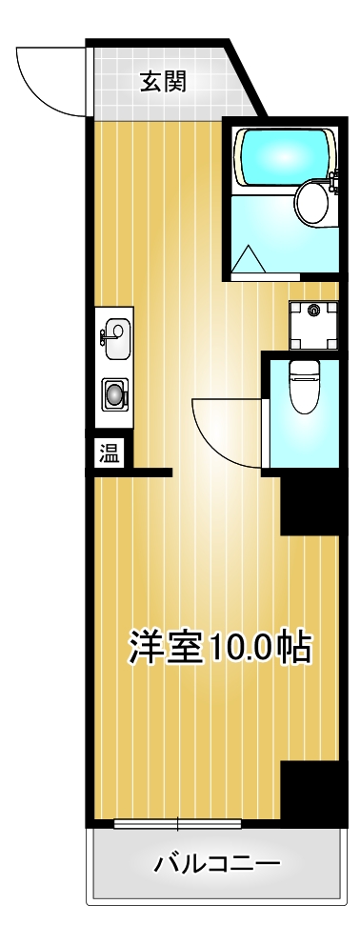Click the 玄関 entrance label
[163, 81]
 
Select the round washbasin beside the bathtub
[310, 199]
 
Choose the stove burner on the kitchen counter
[115, 392]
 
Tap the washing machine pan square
[313, 325]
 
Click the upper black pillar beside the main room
[310, 505]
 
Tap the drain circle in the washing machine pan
[313, 309]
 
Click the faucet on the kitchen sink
[103, 334]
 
